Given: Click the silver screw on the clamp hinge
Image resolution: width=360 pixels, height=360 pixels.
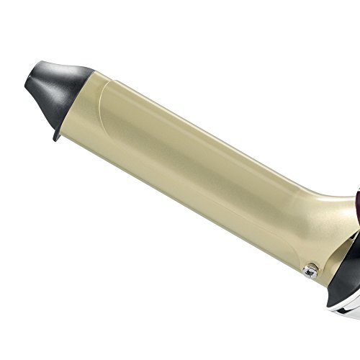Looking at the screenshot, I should pyautogui.click(x=309, y=250).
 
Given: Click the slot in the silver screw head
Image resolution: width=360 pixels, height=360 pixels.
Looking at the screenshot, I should pyautogui.click(x=309, y=250).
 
